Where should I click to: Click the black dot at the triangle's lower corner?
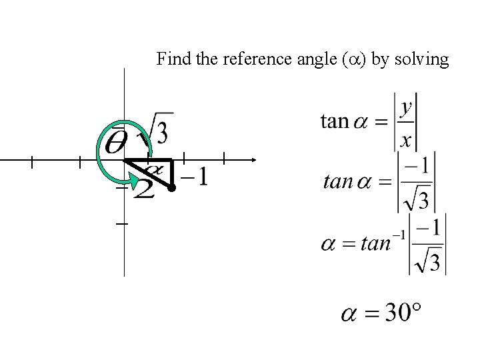click(x=171, y=189)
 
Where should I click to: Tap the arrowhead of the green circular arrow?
click(x=135, y=181)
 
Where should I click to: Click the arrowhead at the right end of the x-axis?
click(x=253, y=160)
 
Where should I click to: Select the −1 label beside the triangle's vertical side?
click(x=194, y=177)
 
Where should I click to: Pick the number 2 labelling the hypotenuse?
click(x=145, y=190)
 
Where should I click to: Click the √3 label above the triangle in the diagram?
click(x=157, y=129)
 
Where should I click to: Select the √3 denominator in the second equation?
click(x=419, y=198)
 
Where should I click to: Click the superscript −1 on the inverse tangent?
click(x=399, y=233)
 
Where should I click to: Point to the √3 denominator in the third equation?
click(x=429, y=261)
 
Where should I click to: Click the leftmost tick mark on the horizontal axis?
click(x=31, y=161)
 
